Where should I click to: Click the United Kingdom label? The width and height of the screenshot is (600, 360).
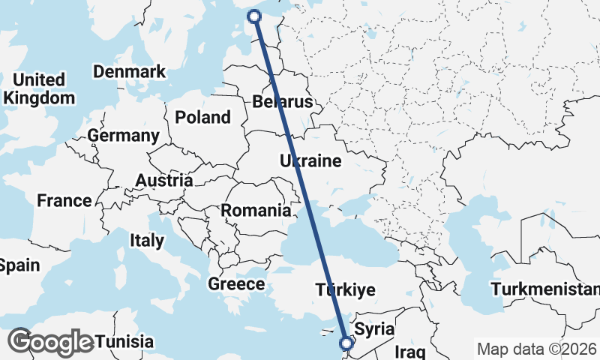coord(39,88)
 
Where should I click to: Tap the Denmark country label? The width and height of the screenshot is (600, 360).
coord(128,72)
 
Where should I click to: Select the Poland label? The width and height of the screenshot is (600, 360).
coord(202,118)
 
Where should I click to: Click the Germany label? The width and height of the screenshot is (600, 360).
coord(123,136)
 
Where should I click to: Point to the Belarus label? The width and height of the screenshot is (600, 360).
coord(281,102)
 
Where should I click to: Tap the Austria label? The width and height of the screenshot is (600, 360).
coord(163,181)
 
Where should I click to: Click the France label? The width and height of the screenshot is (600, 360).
coord(64,201)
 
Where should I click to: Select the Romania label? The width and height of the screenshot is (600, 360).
coord(256,211)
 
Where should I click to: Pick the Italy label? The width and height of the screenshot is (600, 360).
coord(146,241)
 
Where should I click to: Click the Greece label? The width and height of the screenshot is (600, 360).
coord(236,284)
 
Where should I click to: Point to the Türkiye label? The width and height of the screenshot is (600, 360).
coord(345,289)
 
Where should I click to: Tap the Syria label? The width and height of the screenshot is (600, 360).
coord(374,328)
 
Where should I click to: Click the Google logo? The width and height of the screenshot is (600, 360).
coord(51,342)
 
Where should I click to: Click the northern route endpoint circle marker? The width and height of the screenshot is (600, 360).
coord(254,16)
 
